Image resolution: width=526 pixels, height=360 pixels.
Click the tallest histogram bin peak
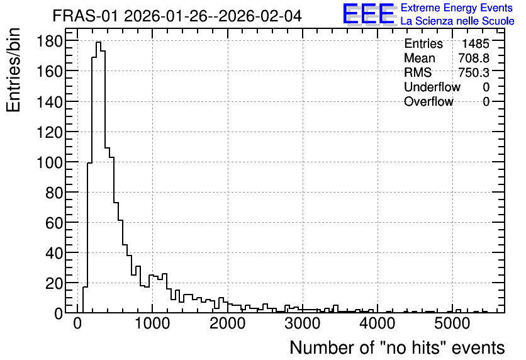click(98, 42)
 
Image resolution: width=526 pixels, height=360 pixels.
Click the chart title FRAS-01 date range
click(177, 16)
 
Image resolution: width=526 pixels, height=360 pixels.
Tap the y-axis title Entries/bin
click(13, 70)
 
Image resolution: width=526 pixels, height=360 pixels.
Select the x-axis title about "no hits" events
click(397, 347)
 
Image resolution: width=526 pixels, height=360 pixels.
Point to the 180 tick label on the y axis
click(49, 42)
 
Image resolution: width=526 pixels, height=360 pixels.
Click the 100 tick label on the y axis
click(49, 163)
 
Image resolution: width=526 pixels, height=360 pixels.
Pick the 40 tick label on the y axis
click(54, 254)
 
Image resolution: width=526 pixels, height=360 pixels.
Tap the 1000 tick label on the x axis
click(152, 323)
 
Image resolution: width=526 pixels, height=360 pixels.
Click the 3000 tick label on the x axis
click(303, 323)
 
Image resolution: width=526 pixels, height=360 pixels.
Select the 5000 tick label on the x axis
click(452, 323)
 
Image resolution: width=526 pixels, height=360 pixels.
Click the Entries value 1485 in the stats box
click(475, 43)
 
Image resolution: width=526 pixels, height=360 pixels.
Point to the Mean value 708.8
click(474, 58)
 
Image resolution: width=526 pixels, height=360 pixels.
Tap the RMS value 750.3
click(474, 72)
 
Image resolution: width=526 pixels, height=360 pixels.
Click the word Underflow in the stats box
click(432, 87)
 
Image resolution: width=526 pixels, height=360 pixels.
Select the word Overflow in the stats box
click(428, 101)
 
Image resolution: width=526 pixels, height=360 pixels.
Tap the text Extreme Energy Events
click(457, 8)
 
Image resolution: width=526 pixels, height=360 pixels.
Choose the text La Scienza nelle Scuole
click(457, 21)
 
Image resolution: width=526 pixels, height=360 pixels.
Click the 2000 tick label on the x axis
click(227, 323)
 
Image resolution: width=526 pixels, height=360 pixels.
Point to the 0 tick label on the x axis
click(77, 323)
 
